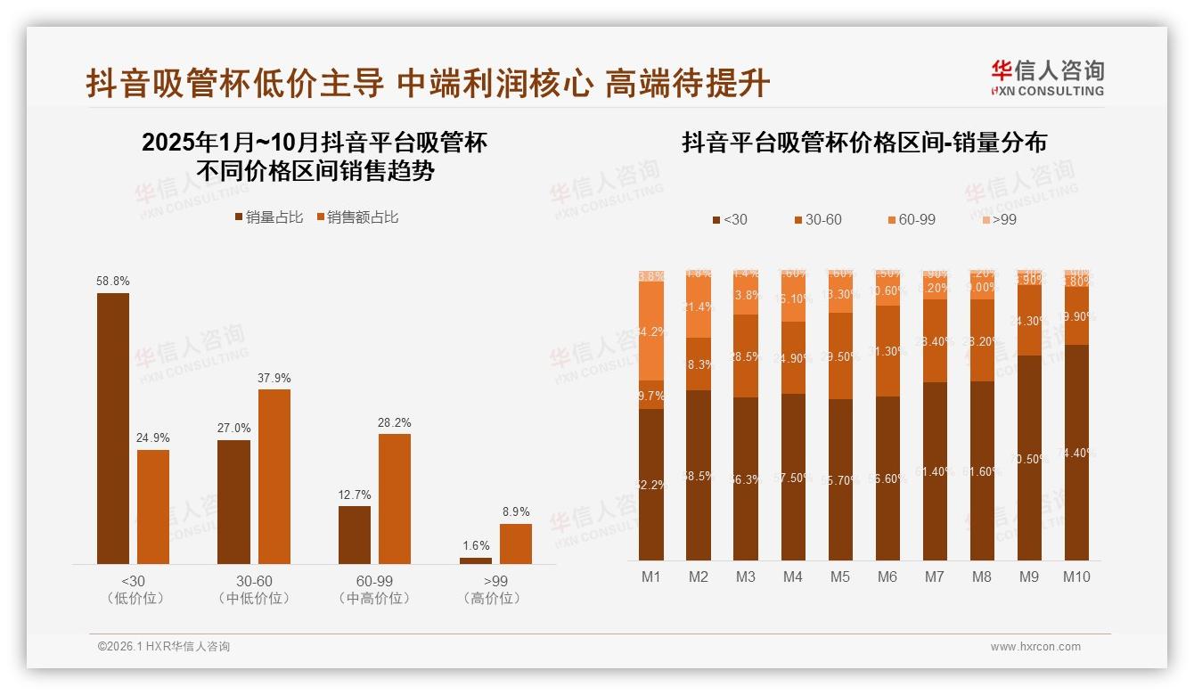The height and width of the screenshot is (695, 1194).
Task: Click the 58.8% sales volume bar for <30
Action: click(x=112, y=428)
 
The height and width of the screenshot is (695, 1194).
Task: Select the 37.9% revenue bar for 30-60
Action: click(x=274, y=476)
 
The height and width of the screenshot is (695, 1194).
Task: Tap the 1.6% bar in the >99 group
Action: click(x=475, y=560)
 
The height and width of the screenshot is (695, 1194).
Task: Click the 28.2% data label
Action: click(x=395, y=423)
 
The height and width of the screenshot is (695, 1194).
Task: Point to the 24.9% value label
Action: click(x=152, y=438)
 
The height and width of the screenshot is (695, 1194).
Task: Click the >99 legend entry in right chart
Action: click(x=999, y=219)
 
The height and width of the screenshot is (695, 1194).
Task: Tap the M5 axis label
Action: click(x=839, y=576)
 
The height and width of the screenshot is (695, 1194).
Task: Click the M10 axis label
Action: click(x=1076, y=576)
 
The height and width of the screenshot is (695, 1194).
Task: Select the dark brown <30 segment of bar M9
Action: click(x=1029, y=458)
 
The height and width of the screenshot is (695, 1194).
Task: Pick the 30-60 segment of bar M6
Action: click(x=887, y=351)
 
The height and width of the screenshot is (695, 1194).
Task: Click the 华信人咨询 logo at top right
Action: click(x=1047, y=78)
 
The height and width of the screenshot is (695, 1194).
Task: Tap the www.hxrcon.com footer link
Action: click(x=1035, y=647)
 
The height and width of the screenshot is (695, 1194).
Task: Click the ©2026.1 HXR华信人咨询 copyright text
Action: click(x=163, y=647)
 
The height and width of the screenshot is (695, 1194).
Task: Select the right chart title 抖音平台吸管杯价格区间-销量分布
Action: click(x=863, y=143)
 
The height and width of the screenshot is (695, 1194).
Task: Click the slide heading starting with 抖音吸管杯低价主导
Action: click(x=428, y=84)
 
